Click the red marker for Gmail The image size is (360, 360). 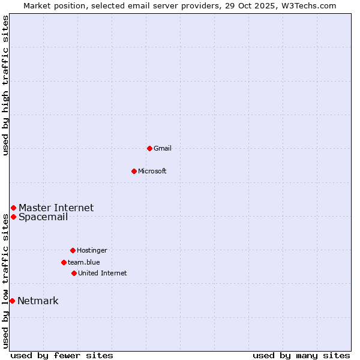coord(149,148)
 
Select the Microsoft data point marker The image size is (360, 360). coord(134,171)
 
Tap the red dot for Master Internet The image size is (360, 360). coord(13,208)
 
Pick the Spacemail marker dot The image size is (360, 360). coord(13,217)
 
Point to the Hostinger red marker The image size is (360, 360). coord(73,250)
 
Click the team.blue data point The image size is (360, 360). coord(64,262)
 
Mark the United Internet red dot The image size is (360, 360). coord(74,273)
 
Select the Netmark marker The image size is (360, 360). coord(12,301)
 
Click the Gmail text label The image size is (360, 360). coord(163,148)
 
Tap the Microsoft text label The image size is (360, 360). coord(152,171)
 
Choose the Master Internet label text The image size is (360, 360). coord(56,208)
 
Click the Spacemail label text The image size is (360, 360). coord(43,217)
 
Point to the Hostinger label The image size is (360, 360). coord(92,250)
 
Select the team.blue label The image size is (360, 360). coord(84,262)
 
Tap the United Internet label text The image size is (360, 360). coord(103,273)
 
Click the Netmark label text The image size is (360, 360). coord(38,301)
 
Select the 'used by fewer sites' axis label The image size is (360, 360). coord(62,355)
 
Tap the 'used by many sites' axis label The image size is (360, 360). coord(301,355)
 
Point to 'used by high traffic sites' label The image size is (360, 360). coord(5,85)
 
